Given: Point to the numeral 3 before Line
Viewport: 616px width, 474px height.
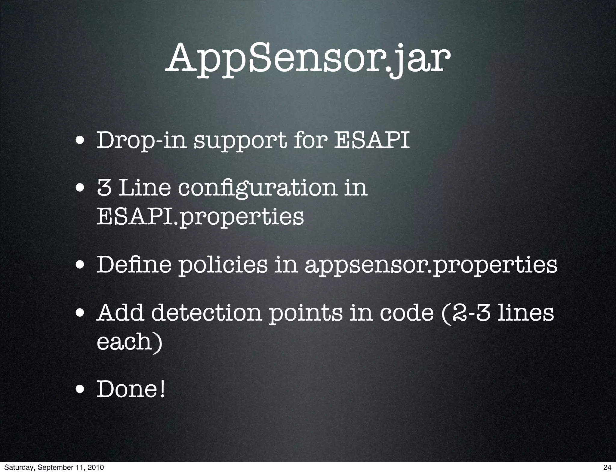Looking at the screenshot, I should click(104, 188).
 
